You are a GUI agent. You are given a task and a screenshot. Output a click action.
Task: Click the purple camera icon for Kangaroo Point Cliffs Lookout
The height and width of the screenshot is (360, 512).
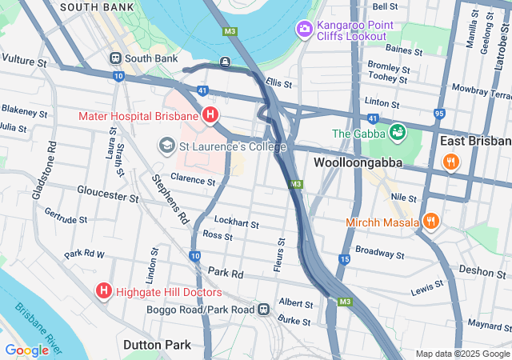coord(304,30)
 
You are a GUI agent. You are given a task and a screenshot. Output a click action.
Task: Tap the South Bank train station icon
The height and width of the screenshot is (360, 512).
coord(116,58)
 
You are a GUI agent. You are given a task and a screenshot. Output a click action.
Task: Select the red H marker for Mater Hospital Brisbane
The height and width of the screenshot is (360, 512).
coord(210,116)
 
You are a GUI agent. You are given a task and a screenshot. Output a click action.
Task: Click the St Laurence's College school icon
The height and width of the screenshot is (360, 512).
coord(167,146)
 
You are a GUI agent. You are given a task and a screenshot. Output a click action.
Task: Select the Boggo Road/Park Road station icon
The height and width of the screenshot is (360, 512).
coord(263,310)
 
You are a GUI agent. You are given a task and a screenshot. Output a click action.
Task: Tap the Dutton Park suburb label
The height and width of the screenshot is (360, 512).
coord(158,345)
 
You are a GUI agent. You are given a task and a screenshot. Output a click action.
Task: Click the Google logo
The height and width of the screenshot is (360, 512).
coord(26,350)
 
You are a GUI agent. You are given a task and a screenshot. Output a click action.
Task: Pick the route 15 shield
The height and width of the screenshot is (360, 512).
coord(344,259)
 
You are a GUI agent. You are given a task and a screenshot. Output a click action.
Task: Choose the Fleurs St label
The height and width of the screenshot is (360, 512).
coord(279,254)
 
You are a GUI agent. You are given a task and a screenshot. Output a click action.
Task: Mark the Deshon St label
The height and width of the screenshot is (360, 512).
coord(482,271)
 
